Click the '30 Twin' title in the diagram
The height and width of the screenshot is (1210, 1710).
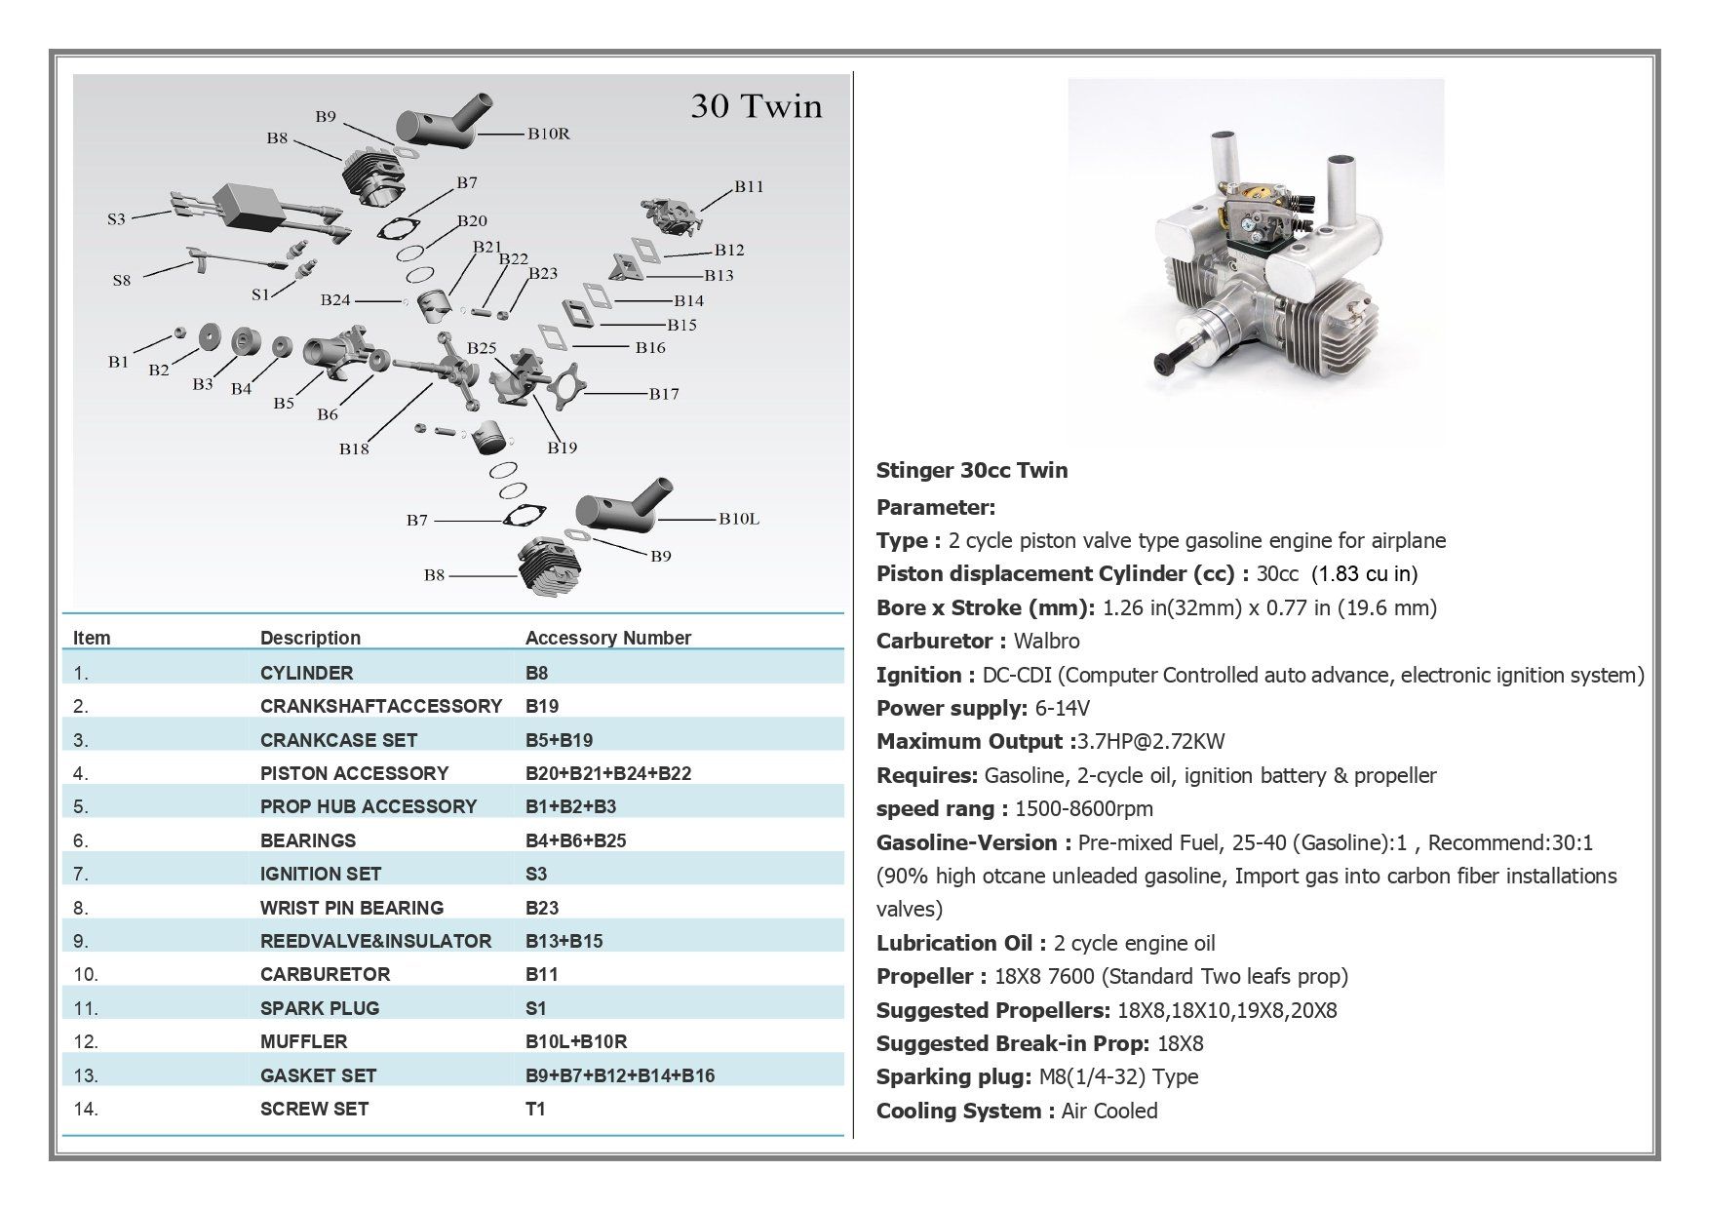coord(756,106)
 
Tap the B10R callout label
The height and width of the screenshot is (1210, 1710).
coord(549,134)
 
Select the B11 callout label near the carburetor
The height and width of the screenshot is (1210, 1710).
coord(749,186)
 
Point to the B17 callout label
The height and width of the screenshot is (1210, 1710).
coord(664,394)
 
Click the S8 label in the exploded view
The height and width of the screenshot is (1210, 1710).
coord(121,281)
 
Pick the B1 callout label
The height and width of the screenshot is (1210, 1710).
coord(118,362)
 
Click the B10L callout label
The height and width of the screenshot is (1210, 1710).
coord(739,519)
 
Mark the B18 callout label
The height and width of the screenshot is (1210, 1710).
coord(354,449)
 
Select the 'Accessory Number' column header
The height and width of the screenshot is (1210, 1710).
coord(607,638)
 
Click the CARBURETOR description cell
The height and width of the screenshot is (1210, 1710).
coord(325,974)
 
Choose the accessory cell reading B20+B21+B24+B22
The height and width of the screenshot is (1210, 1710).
coord(607,773)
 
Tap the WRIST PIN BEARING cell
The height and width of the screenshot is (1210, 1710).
coord(351,908)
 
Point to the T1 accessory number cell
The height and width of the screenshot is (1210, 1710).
coord(535,1109)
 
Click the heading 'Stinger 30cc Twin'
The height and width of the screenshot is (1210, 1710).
coord(971,471)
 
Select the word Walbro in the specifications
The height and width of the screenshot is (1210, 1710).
coord(1046,641)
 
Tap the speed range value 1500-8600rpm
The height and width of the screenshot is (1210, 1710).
coord(1083,808)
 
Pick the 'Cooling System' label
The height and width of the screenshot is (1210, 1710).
coord(958,1111)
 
